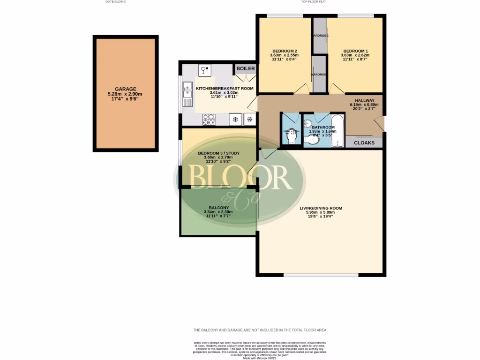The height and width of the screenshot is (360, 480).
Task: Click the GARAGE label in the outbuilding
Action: [125, 89]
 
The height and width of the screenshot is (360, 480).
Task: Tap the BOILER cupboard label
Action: [245, 69]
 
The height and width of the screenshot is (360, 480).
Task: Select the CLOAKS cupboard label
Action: [364, 142]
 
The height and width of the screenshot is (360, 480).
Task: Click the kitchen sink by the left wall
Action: [187, 94]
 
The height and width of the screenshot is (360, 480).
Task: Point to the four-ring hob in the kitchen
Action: [209, 120]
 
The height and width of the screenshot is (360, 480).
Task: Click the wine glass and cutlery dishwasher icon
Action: [205, 70]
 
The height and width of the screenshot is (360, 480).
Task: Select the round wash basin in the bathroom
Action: [307, 124]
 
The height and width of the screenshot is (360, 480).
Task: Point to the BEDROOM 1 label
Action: [355, 51]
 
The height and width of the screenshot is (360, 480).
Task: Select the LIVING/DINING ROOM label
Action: [321, 208]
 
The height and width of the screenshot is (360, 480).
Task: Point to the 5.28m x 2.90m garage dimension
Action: [125, 94]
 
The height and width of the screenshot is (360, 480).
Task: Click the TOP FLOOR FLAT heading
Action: [314, 2]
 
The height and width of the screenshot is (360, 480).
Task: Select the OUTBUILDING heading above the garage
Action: [115, 2]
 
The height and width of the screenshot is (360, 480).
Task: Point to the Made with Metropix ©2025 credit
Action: [259, 358]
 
